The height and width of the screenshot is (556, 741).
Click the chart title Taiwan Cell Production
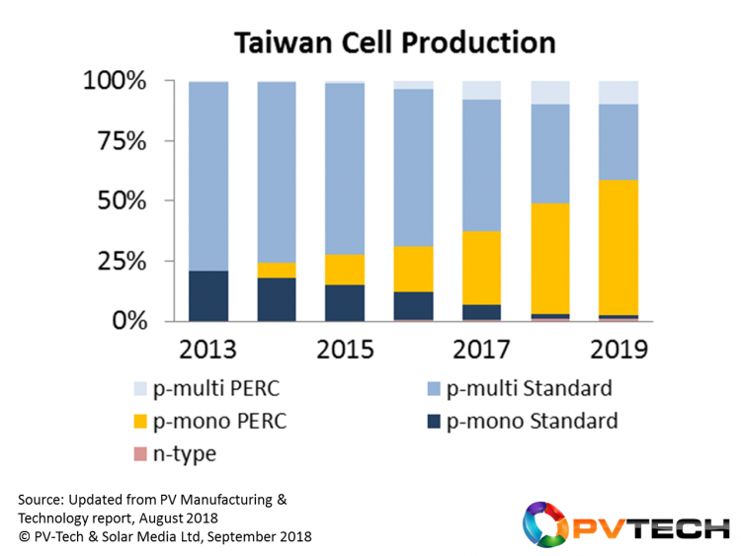pyautogui.click(x=394, y=42)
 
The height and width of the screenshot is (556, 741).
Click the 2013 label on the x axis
pyautogui.click(x=207, y=351)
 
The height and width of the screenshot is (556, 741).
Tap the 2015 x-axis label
pyautogui.click(x=346, y=351)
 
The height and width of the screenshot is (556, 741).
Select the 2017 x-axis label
pyautogui.click(x=482, y=351)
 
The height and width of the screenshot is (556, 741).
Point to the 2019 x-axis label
pyautogui.click(x=618, y=351)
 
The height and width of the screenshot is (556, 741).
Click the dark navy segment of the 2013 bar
pyautogui.click(x=207, y=295)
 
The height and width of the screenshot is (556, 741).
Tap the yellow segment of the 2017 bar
pyautogui.click(x=482, y=268)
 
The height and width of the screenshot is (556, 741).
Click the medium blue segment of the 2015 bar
pyautogui.click(x=346, y=169)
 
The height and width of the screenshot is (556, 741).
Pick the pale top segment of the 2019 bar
pyautogui.click(x=618, y=92)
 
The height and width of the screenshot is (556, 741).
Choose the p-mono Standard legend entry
pyautogui.click(x=520, y=422)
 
